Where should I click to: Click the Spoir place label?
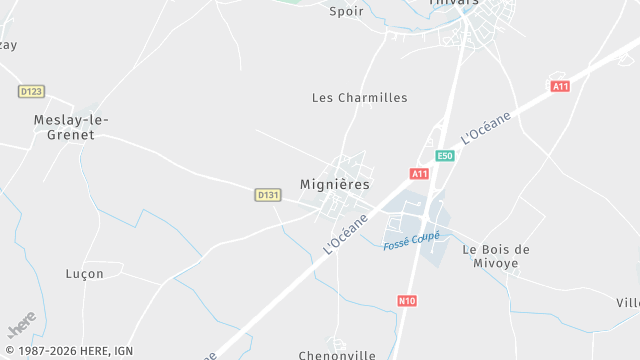tap(346, 11)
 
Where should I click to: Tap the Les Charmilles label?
tap(360, 98)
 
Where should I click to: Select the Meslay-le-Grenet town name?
tap(71, 128)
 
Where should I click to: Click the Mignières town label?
tap(335, 185)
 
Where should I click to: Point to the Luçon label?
tap(84, 274)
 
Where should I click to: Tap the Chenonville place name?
tap(337, 355)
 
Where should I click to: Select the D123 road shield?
tap(31, 91)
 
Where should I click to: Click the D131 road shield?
tap(267, 195)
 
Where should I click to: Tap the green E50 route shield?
tap(445, 156)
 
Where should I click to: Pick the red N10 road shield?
tap(407, 300)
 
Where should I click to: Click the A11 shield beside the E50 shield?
tap(419, 173)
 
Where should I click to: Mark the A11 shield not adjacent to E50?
tap(560, 87)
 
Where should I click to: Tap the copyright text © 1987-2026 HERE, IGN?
tap(68, 351)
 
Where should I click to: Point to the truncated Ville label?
tap(627, 302)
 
